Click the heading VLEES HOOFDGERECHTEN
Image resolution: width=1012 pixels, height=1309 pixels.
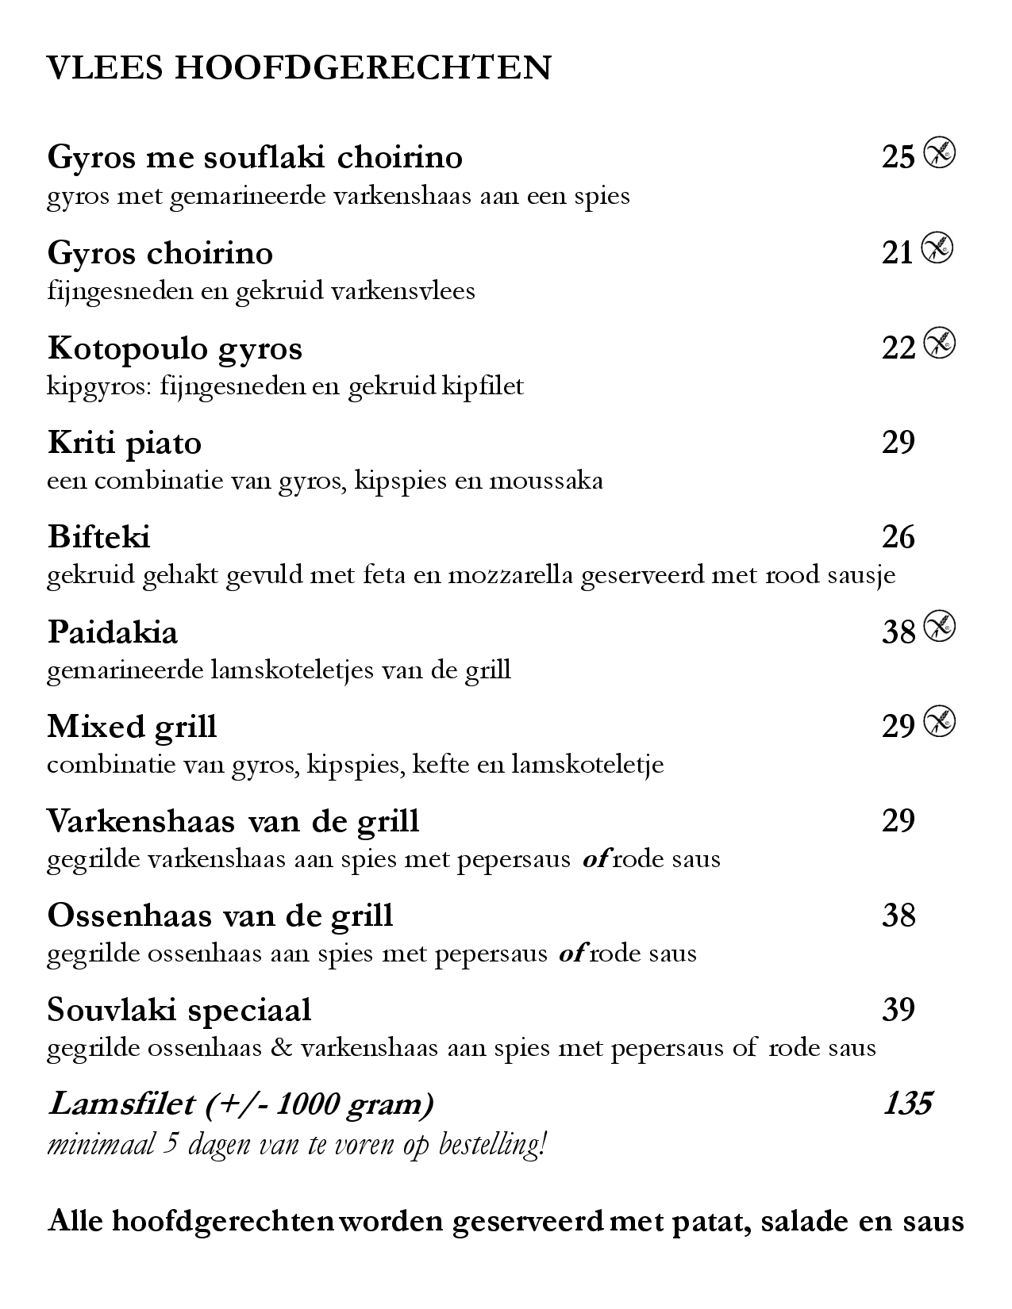299,68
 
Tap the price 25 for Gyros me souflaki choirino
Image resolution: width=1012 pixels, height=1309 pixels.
898,157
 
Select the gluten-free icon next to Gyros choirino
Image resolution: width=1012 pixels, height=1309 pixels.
937,249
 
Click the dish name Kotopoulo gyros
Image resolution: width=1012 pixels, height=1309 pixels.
175,348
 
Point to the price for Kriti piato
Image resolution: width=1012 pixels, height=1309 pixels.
898,442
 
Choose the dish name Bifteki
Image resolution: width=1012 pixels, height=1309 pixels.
98,537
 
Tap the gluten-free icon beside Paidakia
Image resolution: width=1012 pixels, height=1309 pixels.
940,628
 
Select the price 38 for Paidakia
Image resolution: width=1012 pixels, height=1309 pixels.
898,631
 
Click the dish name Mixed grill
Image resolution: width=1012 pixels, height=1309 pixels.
132,726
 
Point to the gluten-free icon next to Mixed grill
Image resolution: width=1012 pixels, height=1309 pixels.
940,722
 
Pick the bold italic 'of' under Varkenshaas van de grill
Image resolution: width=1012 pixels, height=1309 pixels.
595,859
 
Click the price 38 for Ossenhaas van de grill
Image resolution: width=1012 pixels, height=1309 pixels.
898,916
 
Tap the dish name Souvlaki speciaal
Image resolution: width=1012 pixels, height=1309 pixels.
179,1010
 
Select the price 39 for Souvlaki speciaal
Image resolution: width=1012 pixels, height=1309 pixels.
898,1010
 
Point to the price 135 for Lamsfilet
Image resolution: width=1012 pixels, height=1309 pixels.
907,1104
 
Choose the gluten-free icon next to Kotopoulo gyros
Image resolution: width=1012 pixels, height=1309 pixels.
940,344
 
